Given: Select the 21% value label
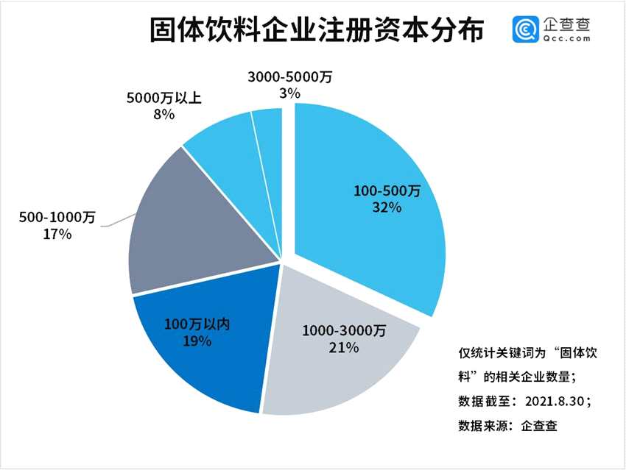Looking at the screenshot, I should (x=344, y=347).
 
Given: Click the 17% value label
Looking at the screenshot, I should (x=57, y=234).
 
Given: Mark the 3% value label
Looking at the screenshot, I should (x=289, y=93).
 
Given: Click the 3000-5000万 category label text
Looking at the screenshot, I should (x=289, y=76).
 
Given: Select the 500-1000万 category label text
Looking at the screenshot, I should (x=57, y=218).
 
